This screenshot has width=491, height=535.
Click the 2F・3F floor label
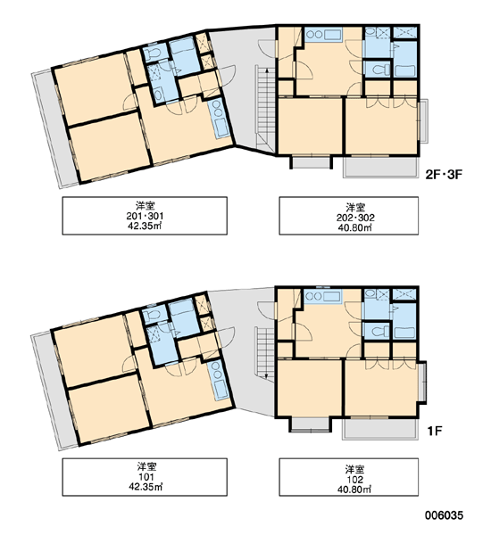[443, 175]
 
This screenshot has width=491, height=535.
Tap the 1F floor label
[435, 431]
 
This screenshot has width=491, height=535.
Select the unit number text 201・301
[145, 216]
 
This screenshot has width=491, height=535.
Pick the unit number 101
[146, 477]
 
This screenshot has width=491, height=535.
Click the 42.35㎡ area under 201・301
[145, 226]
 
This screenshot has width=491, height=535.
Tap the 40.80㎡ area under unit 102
[354, 489]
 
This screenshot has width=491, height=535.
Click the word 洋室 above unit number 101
[147, 466]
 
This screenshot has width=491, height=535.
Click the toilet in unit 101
[151, 315]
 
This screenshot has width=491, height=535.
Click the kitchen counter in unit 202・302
[322, 35]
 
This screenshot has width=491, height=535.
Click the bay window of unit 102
[422, 382]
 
